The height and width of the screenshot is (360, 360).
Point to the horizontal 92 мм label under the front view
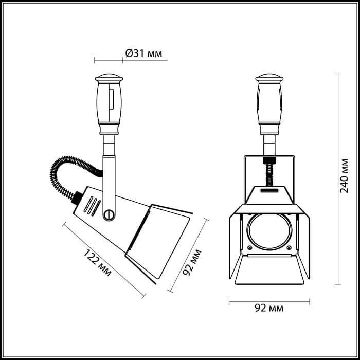(268, 308)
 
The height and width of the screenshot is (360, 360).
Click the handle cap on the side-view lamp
(109, 80)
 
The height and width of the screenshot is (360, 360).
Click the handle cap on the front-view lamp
(269, 80)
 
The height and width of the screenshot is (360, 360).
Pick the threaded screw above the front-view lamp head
(268, 172)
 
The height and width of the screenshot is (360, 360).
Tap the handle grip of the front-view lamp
(269, 105)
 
